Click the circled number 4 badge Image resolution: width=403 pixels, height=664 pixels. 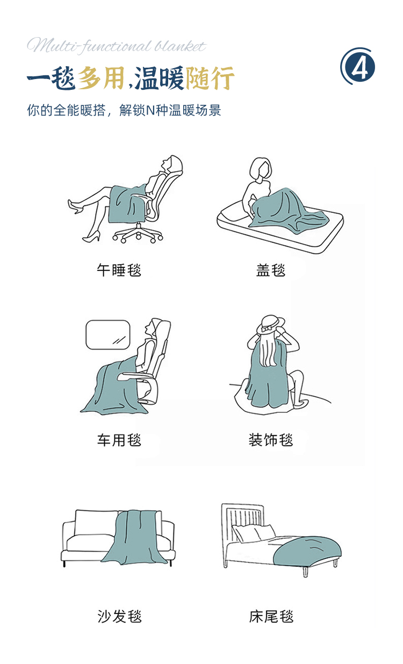coord(358,67)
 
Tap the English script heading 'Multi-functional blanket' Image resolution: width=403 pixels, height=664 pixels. coord(116,46)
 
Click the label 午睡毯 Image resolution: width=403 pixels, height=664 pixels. coord(119,270)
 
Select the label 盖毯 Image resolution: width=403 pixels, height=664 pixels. coord(271,270)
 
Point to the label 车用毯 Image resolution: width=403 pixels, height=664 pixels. coord(119,440)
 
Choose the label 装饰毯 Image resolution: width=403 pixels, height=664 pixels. coord(271,440)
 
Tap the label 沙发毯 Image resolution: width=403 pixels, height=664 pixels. coord(120,617)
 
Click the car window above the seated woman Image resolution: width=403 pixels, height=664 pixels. coord(108,334)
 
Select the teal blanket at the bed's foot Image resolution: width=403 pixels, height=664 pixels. coord(307,551)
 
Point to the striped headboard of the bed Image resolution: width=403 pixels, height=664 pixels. coord(243,521)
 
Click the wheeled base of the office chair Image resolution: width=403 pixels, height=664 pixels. coord(138,233)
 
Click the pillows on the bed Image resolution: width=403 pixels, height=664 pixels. coord(254,532)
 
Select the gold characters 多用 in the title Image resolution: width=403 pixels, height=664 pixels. coord(101,77)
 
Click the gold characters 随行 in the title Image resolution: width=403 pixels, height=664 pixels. coord(210,77)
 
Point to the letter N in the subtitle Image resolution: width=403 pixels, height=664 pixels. coord(150,111)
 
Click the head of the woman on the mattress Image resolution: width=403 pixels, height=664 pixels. coord(260,168)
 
